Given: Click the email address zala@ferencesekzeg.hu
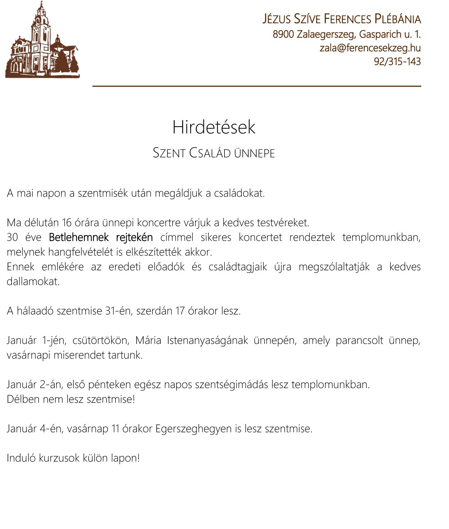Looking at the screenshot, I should pos(370,48).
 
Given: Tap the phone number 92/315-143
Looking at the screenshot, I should pos(397,62).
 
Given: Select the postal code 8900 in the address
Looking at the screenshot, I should pos(283,34).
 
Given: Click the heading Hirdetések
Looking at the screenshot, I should pos(214,127).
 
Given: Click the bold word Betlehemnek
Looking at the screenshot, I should pos(79,237).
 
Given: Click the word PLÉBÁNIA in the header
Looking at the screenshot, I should pos(397,19).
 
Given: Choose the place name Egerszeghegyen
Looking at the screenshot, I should pos(193,429).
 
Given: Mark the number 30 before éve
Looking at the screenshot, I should pos(12,238).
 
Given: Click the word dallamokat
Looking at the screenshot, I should pos(33,282).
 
